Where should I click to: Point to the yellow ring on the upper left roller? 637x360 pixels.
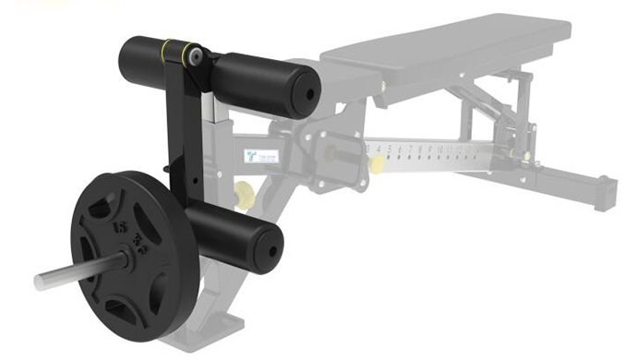pos(165,48)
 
